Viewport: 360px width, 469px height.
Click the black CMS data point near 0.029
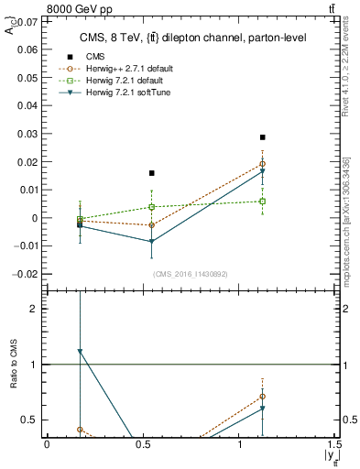pyautogui.click(x=262, y=137)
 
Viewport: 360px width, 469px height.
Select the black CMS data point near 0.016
pyautogui.click(x=152, y=173)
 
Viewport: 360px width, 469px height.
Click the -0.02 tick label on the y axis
pyautogui.click(x=27, y=275)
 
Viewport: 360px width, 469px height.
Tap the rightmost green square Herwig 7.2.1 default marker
pyautogui.click(x=262, y=202)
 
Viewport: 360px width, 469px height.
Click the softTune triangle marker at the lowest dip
pyautogui.click(x=152, y=242)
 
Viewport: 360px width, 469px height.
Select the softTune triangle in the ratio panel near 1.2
pyautogui.click(x=81, y=351)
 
